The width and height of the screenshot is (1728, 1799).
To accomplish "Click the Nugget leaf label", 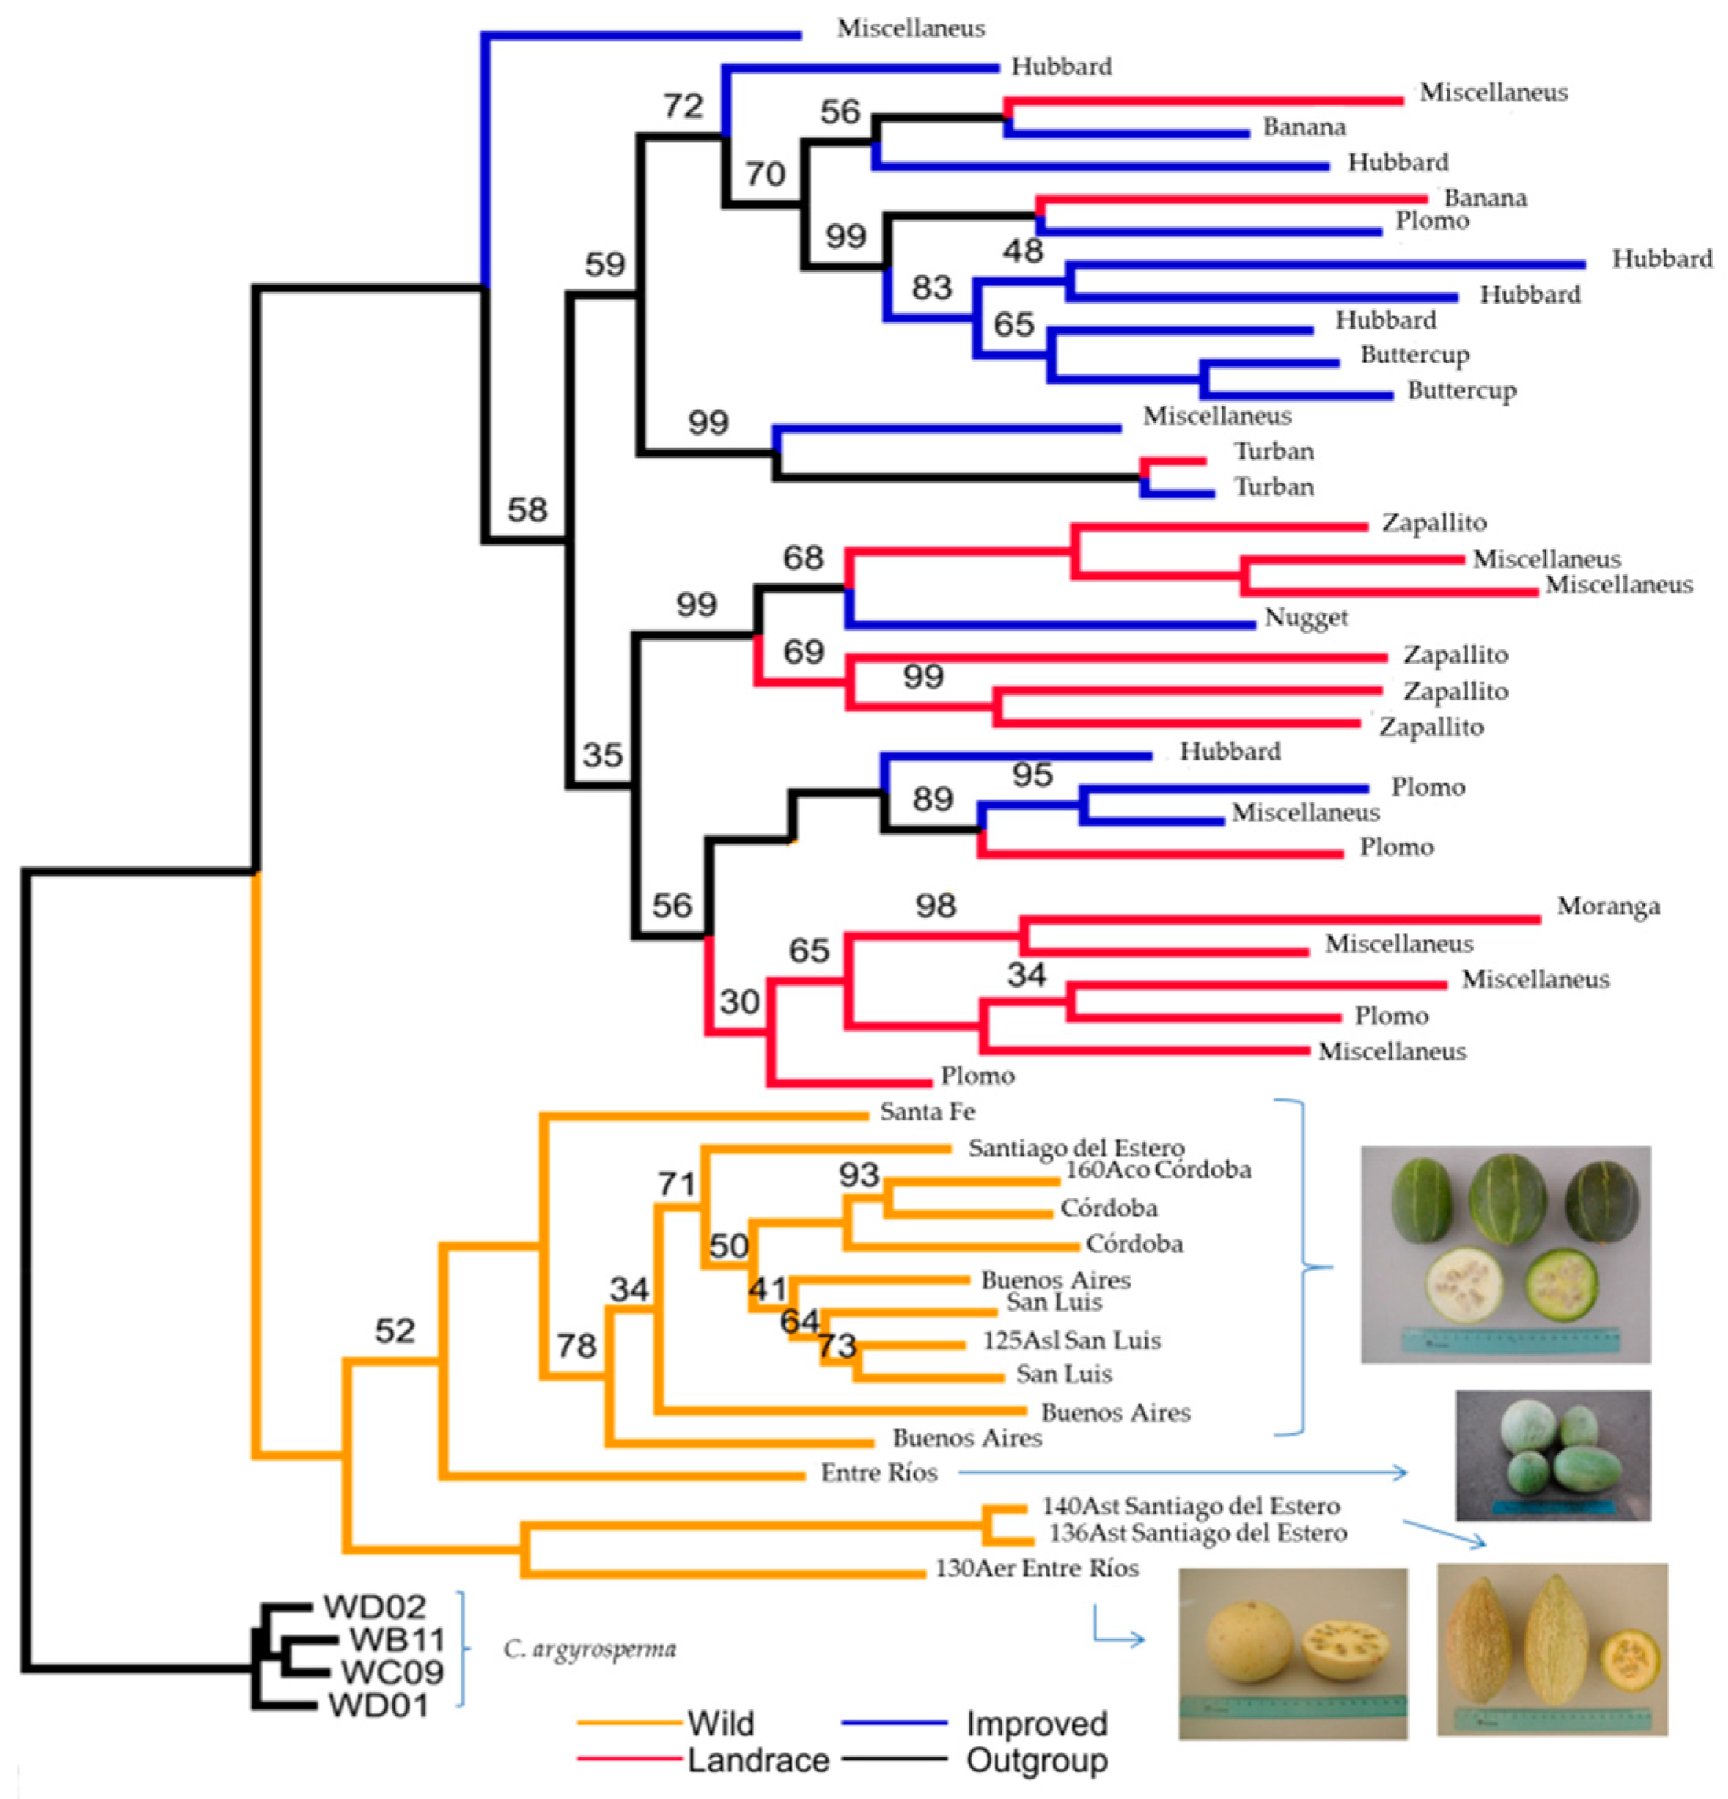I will pos(1306,619).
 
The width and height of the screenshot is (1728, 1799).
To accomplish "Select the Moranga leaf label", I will pos(1608,907).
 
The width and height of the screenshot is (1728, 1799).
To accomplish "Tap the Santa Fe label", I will pos(927,1112).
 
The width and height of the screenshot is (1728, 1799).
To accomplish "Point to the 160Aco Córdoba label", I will pos(1157,1169).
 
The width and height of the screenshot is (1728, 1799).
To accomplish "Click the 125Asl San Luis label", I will pos(1071,1341).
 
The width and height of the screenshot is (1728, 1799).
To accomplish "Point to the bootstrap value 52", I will pos(395,1331).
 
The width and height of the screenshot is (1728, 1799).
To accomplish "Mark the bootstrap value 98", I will pos(935,906).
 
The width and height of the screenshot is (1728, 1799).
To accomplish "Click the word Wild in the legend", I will pos(720,1724).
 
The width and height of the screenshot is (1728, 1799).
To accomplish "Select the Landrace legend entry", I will pos(758,1760).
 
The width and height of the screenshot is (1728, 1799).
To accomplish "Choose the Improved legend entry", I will pos(1036,1724).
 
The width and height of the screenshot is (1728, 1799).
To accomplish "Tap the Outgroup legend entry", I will pos(1036,1760).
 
